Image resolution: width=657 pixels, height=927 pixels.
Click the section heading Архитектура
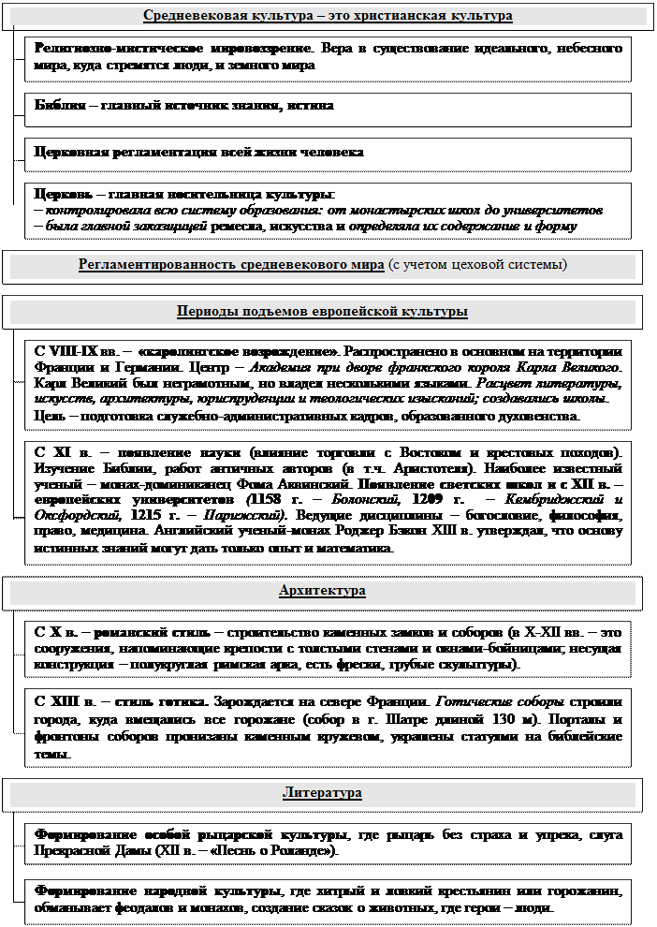[x=322, y=591]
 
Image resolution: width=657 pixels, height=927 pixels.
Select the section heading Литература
[x=322, y=793]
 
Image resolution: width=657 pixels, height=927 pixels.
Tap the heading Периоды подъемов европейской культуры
[x=322, y=311]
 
